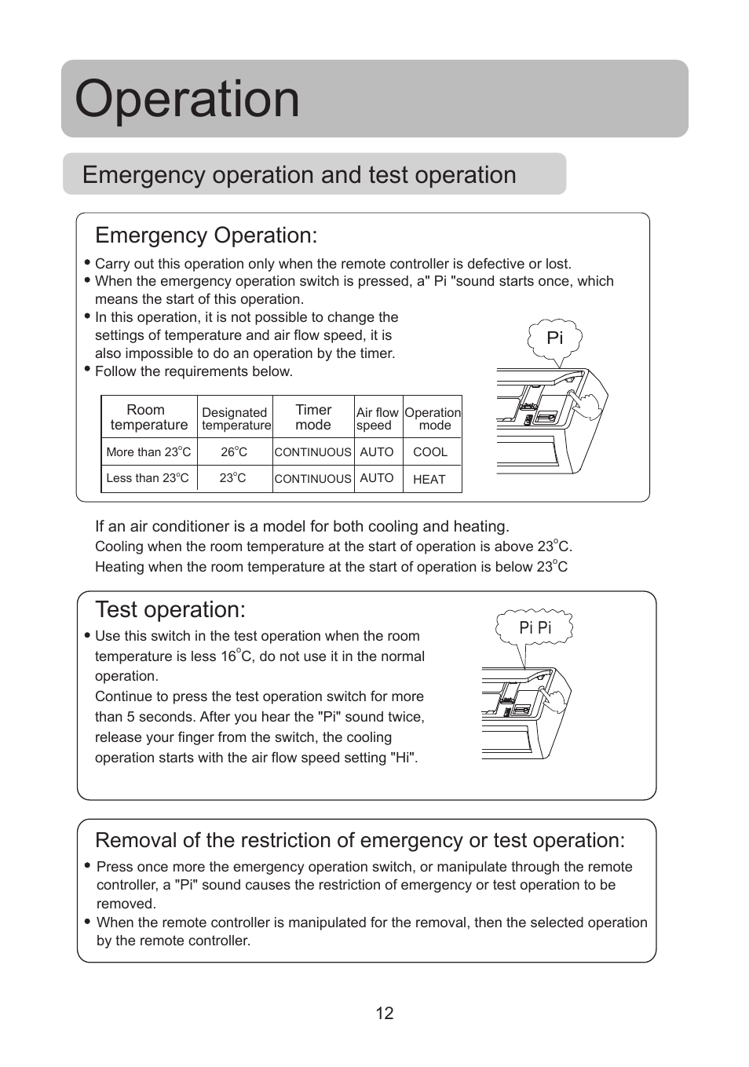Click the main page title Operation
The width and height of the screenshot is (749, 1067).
(x=187, y=100)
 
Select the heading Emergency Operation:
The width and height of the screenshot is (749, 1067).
(x=206, y=236)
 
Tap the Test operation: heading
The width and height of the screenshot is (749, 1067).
(x=170, y=610)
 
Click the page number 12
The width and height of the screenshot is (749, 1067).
(x=384, y=1014)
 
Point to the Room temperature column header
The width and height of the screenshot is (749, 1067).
(x=148, y=417)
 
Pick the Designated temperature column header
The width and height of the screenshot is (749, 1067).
(x=236, y=418)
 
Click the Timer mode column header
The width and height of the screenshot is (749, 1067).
(x=313, y=417)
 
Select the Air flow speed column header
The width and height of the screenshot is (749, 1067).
(x=377, y=418)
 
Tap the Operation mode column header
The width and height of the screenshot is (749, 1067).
(x=433, y=418)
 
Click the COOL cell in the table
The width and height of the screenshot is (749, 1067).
(x=430, y=452)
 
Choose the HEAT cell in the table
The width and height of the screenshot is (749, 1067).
(x=429, y=480)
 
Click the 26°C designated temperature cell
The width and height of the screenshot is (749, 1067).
(x=234, y=452)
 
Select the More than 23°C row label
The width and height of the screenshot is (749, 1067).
(x=148, y=452)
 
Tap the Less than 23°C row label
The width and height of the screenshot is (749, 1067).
(x=148, y=478)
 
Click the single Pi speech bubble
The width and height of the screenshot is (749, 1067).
(x=555, y=338)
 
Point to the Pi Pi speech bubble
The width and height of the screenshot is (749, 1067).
(x=535, y=628)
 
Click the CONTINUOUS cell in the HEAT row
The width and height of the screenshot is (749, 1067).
(x=312, y=479)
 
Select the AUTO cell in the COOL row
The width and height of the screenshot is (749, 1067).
(x=377, y=452)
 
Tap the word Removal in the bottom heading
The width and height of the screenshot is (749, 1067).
(x=135, y=841)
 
